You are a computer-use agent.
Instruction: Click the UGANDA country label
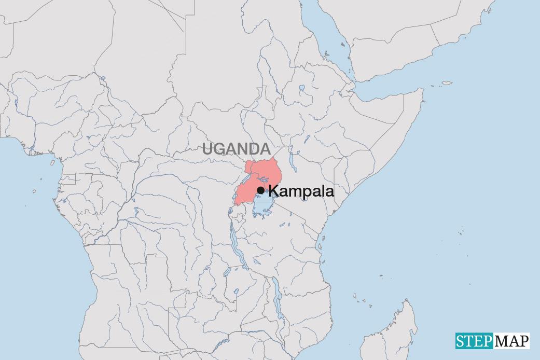pos(236,149)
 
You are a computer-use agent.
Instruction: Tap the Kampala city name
pos(301,191)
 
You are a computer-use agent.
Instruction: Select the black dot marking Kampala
pos(260,190)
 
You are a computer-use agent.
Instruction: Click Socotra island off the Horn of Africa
pos(445,83)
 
